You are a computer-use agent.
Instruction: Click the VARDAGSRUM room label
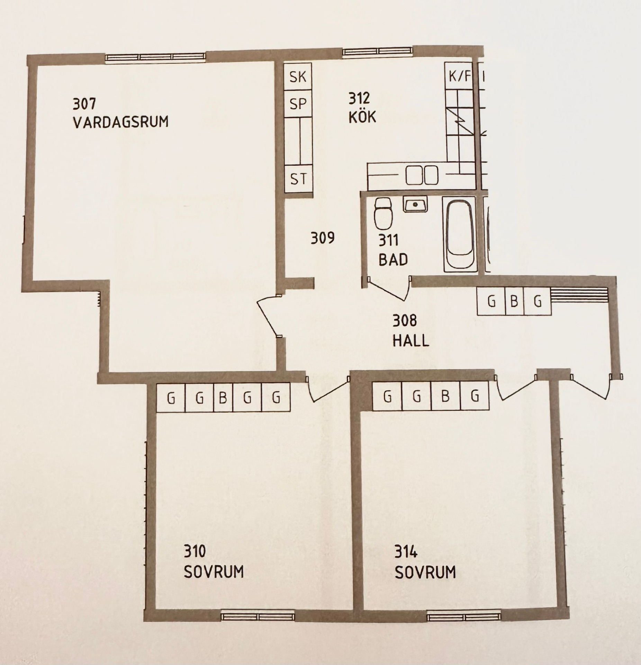(121, 122)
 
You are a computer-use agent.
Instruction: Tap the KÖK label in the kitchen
(362, 117)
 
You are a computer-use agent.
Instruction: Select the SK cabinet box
(298, 77)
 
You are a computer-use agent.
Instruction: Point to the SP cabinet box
(298, 104)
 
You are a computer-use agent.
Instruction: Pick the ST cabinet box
(298, 179)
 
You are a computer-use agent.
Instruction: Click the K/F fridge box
(460, 76)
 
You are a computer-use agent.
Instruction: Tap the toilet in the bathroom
(383, 213)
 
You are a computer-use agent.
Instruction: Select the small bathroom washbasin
(415, 204)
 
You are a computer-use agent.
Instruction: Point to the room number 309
(322, 238)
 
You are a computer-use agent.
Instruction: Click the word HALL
(411, 341)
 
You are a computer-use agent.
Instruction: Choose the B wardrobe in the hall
(514, 301)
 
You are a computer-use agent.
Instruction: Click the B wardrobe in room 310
(223, 398)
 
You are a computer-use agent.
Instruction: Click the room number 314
(406, 551)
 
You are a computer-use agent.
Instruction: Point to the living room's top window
(155, 57)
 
